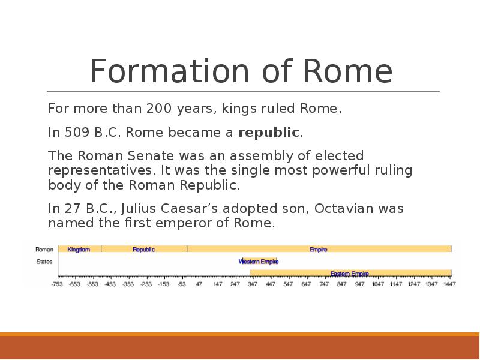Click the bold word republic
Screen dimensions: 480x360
pyautogui.click(x=268, y=133)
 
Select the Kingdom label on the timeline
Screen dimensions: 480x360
pyautogui.click(x=79, y=250)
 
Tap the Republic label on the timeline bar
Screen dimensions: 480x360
pyautogui.click(x=143, y=250)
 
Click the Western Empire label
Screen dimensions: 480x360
pyautogui.click(x=259, y=262)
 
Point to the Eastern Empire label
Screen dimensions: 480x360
pyautogui.click(x=350, y=274)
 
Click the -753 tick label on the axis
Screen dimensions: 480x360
pyautogui.click(x=56, y=284)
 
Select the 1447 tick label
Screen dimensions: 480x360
pyautogui.click(x=449, y=284)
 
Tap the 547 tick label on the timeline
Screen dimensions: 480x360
pyautogui.click(x=288, y=284)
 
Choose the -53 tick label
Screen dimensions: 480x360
pyautogui.click(x=181, y=284)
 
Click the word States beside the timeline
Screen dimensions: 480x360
pyautogui.click(x=44, y=262)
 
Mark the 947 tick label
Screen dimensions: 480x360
pyautogui.click(x=359, y=284)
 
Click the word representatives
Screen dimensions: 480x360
pyautogui.click(x=100, y=170)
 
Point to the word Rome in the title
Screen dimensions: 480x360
pyautogui.click(x=348, y=71)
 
